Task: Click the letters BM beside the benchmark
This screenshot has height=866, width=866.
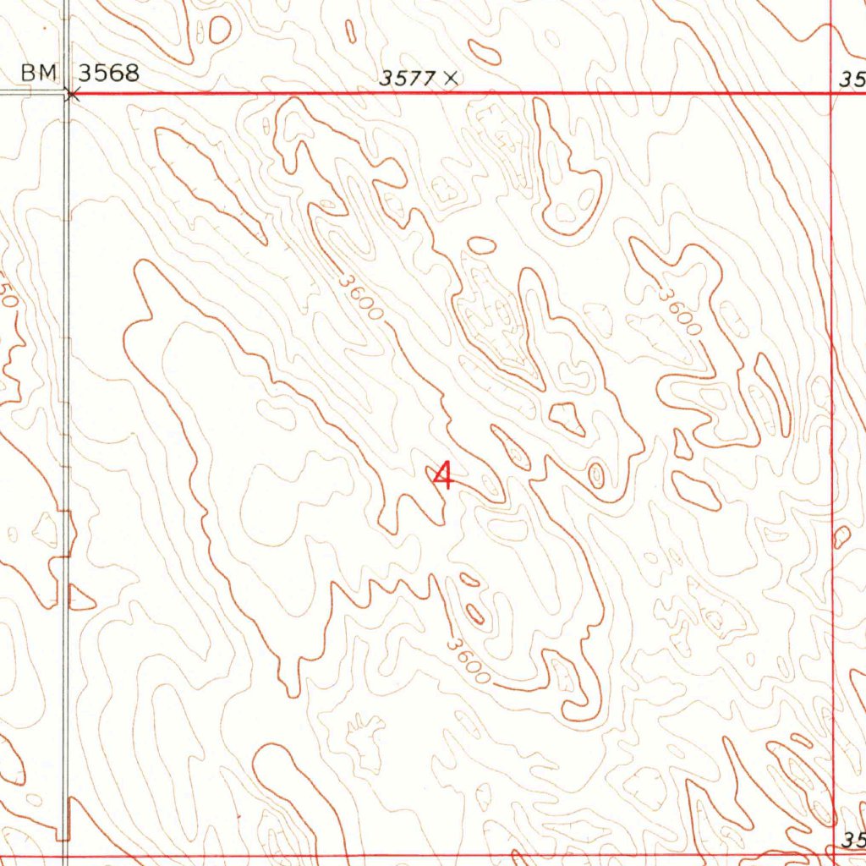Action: point(38,74)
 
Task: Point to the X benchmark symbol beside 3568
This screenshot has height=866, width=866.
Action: point(72,95)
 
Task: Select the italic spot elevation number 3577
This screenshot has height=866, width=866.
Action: point(407,79)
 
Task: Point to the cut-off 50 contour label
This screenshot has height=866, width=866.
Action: point(7,296)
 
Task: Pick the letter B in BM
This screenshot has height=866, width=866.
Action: point(29,74)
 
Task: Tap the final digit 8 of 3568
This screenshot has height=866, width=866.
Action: point(131,74)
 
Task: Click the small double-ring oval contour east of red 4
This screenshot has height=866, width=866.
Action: point(596,474)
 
